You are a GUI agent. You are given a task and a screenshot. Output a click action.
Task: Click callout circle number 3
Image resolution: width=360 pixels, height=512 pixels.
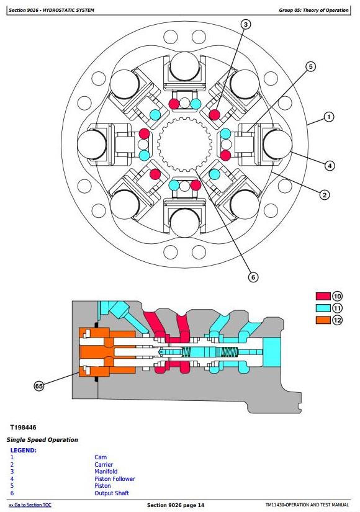tap(246, 24)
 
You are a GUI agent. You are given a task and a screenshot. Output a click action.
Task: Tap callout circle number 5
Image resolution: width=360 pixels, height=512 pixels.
tap(310, 66)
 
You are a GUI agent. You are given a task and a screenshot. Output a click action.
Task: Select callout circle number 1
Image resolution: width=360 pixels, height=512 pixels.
tap(328, 117)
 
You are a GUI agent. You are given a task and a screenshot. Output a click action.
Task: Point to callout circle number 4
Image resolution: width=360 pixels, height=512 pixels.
tap(330, 166)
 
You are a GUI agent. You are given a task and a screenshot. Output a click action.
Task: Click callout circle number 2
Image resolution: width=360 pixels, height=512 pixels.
tap(324, 195)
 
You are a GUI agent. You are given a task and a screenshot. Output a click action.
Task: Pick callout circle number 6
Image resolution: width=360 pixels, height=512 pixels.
tap(253, 277)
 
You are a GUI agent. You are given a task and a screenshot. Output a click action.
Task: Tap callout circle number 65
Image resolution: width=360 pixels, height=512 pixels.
tap(39, 386)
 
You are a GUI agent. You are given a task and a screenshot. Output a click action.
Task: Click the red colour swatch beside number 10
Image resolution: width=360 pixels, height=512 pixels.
tap(323, 296)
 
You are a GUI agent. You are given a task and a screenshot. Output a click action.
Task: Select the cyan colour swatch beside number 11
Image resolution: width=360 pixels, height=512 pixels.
tap(323, 308)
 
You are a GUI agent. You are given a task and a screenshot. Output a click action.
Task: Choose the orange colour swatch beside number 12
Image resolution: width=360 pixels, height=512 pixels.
tap(323, 320)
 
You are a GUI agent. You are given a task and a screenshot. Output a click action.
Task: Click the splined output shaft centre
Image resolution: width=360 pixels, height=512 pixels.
tap(184, 144)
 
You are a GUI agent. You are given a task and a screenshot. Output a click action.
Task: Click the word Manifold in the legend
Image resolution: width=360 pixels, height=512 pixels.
tap(106, 472)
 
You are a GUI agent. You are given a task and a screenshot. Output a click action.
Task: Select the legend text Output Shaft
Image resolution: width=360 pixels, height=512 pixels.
tap(112, 493)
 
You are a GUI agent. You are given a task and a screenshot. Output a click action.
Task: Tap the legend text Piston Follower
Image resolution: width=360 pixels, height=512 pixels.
tap(115, 479)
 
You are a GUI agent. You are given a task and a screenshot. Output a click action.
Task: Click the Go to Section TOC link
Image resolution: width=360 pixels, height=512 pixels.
tap(30, 505)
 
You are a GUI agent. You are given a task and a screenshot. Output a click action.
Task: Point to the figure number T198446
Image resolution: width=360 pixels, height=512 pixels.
tap(23, 428)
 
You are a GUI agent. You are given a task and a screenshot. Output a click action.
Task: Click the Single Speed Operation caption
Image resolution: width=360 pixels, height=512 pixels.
tap(42, 440)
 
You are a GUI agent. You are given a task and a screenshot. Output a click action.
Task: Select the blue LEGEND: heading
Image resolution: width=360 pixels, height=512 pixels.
tap(24, 451)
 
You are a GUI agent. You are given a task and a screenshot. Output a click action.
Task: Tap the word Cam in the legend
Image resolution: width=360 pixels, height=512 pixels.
tap(101, 457)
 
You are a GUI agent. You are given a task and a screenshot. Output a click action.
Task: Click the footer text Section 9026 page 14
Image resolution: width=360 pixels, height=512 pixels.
tap(176, 505)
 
